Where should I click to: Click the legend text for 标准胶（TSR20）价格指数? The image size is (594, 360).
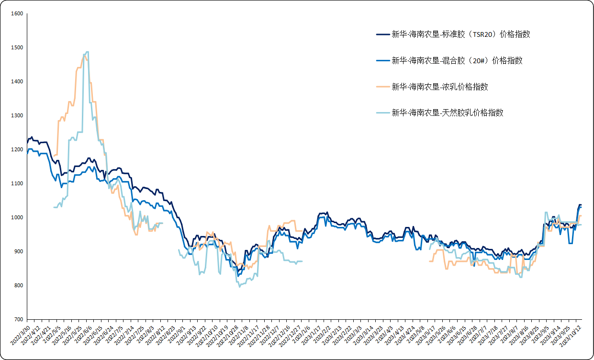(x=460, y=34)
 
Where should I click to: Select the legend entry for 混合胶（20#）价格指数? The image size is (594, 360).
(x=457, y=60)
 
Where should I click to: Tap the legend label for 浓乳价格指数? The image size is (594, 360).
(x=439, y=87)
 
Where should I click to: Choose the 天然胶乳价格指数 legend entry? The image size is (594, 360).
(x=447, y=112)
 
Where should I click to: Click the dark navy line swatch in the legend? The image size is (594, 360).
(x=382, y=34)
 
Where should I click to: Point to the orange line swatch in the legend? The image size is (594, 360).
(x=382, y=87)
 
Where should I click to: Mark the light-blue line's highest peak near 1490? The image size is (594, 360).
(x=86, y=52)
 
